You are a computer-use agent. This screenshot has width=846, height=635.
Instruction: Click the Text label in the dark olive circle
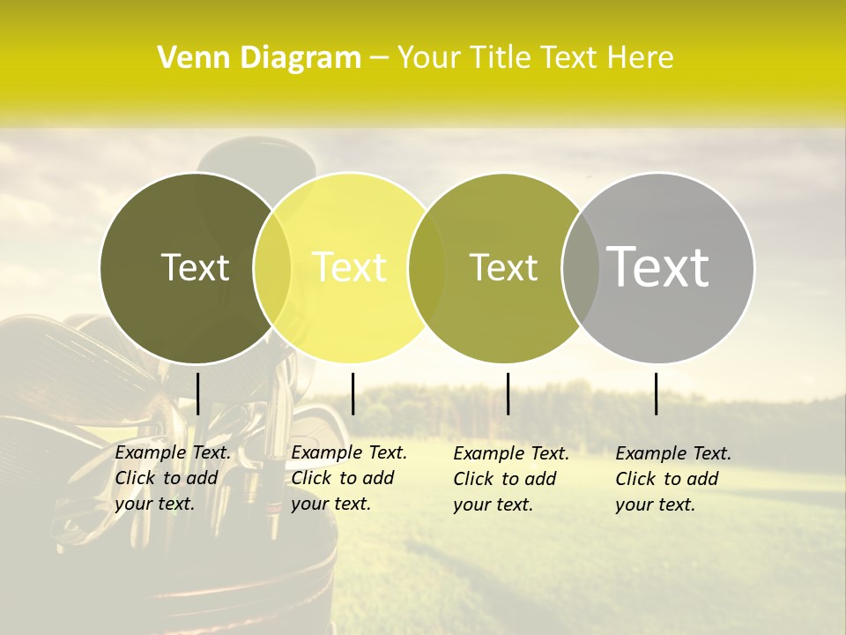(x=195, y=267)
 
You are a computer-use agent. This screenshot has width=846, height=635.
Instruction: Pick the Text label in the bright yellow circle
(x=349, y=267)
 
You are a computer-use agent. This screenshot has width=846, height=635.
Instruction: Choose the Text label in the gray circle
(x=657, y=266)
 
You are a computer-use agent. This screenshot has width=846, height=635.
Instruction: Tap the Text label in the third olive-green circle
(x=503, y=267)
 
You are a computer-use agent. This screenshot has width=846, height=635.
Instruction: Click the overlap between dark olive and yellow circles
(x=272, y=267)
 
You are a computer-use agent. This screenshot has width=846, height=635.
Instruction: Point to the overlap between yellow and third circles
(x=427, y=267)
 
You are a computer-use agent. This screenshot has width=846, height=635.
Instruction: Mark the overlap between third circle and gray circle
(x=581, y=267)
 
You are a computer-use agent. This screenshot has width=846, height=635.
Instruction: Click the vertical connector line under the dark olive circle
(x=197, y=393)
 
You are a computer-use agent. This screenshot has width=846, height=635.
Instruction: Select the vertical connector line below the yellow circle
(x=352, y=393)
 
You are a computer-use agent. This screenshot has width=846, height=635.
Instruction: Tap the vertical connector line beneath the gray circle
(x=657, y=393)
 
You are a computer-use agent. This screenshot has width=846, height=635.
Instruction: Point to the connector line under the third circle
(x=508, y=393)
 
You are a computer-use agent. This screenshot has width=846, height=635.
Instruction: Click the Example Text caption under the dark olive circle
(x=172, y=478)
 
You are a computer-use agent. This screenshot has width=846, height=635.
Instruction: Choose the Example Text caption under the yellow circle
(x=348, y=478)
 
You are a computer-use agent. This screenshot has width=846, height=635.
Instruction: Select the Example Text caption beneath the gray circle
(x=672, y=479)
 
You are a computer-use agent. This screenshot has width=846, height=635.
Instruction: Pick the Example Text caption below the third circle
(x=510, y=479)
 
